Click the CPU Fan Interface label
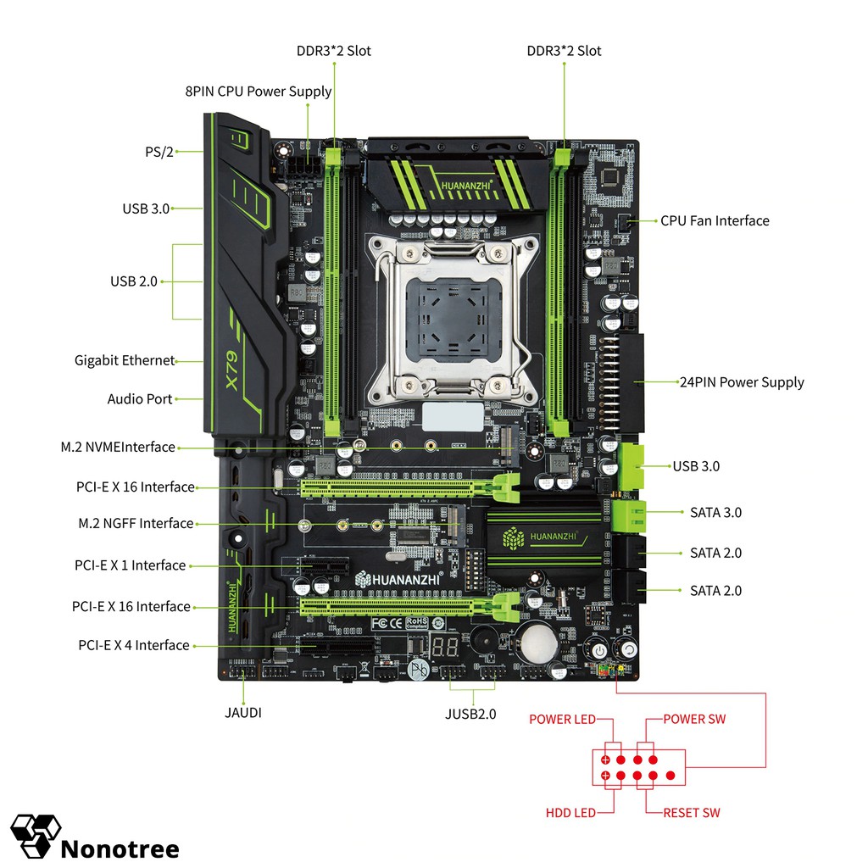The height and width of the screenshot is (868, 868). [x=715, y=220]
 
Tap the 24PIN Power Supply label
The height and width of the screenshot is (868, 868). [x=742, y=382]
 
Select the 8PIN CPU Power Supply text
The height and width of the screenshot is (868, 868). [x=259, y=92]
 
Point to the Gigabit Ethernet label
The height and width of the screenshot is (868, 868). [x=124, y=360]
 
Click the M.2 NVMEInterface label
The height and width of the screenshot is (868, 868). [x=118, y=447]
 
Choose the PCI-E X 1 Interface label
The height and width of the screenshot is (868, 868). [x=130, y=565]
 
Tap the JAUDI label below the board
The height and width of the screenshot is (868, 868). [x=243, y=713]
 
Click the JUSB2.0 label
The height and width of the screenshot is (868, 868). [x=470, y=714]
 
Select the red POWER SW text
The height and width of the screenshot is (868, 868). [x=694, y=719]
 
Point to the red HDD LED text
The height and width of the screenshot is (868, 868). [x=570, y=813]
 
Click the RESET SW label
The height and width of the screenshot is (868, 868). [x=692, y=813]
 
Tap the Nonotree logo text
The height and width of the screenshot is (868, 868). [x=120, y=848]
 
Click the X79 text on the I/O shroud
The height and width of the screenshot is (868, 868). [x=235, y=371]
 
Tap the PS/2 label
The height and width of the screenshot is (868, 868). [x=159, y=152]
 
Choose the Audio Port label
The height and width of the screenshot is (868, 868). [x=140, y=399]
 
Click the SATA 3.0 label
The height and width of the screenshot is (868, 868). [x=715, y=513]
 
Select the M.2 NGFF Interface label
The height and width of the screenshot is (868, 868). [x=136, y=524]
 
